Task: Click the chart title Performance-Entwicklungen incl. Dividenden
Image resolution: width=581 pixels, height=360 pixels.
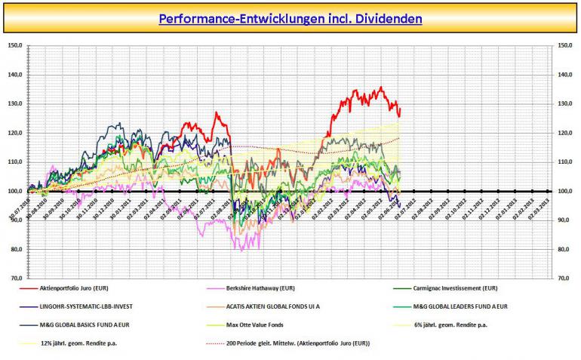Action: pyautogui.click(x=290, y=17)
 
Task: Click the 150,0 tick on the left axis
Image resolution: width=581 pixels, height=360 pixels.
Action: pyautogui.click(x=14, y=45)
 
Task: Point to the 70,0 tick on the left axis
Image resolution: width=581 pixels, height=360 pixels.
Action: pyautogui.click(x=16, y=278)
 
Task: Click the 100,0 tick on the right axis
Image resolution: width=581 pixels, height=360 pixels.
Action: pyautogui.click(x=565, y=192)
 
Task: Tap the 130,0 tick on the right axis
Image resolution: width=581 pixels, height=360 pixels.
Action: pyautogui.click(x=565, y=104)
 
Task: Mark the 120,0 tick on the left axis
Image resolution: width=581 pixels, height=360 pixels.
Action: pyautogui.click(x=14, y=133)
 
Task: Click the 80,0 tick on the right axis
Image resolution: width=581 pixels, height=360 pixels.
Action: pyautogui.click(x=565, y=250)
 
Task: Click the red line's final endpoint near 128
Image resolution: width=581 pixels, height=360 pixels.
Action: pyautogui.click(x=400, y=109)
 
